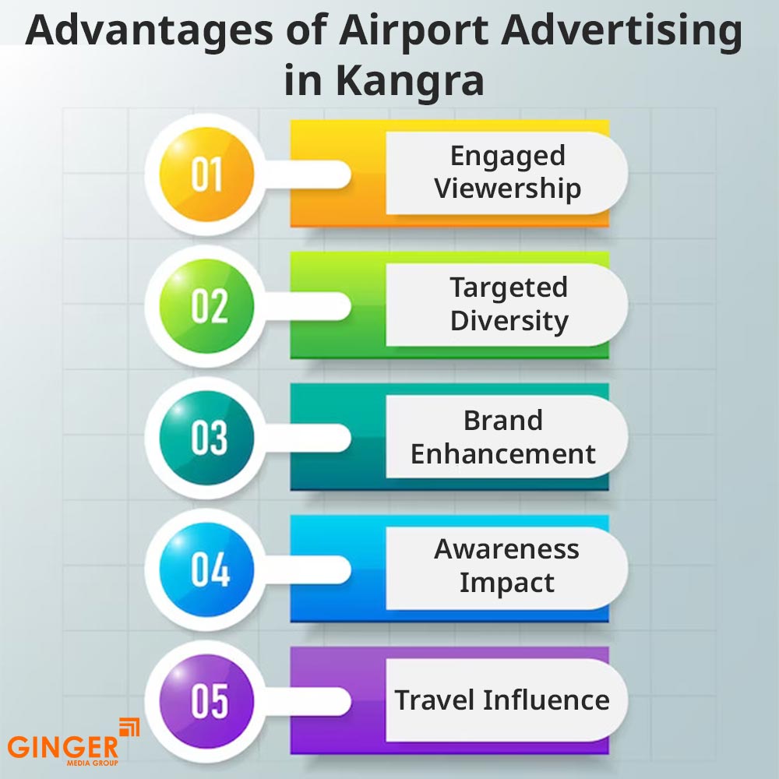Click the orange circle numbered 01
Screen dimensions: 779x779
[207, 174]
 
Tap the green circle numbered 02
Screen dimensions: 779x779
[207, 305]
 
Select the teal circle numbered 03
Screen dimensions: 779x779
[207, 437]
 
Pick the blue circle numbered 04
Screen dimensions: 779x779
[207, 569]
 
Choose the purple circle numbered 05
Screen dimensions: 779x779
[207, 700]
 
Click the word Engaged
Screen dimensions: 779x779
[507, 157]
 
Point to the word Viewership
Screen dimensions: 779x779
[507, 189]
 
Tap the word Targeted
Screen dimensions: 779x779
[508, 288]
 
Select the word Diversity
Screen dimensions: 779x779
[509, 321]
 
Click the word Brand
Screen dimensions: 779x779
[503, 421]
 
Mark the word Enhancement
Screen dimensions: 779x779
[503, 453]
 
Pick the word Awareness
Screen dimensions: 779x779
[506, 549]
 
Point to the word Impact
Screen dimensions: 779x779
[506, 583]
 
